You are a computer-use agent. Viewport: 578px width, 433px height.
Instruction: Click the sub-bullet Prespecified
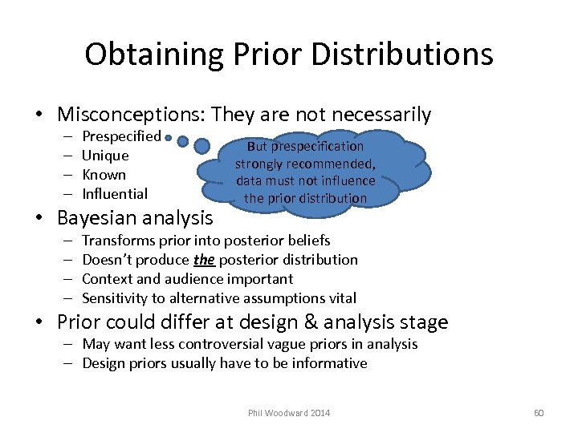click(121, 136)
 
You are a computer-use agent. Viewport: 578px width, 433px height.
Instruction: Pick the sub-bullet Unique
click(105, 156)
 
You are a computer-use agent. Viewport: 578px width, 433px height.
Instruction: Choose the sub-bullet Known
click(104, 175)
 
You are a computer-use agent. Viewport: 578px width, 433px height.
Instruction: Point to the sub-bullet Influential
click(115, 194)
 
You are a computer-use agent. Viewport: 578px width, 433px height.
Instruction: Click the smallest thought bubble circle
click(167, 139)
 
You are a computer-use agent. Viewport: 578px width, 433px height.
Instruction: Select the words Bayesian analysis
click(135, 217)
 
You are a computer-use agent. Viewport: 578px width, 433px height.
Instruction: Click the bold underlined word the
click(204, 260)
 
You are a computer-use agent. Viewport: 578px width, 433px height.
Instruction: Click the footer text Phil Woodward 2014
click(288, 413)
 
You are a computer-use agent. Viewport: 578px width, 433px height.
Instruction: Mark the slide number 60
click(539, 413)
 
